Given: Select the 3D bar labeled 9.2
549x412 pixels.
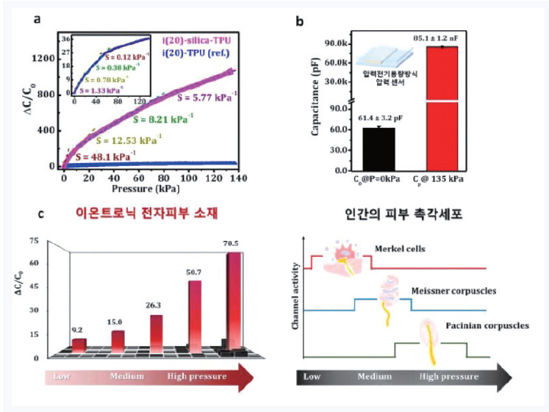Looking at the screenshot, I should [x=80, y=343].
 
